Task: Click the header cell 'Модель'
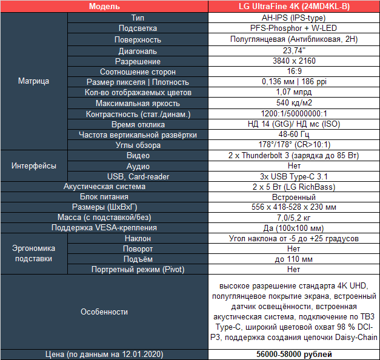104,7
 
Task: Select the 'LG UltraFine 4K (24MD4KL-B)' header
294,7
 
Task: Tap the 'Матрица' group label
33,81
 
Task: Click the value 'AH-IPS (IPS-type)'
294,18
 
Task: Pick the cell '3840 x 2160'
294,61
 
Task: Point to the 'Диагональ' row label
138,51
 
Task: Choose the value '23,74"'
294,51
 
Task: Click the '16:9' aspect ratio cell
294,72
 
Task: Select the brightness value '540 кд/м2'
294,103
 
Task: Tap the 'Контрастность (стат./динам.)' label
138,113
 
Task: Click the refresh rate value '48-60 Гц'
294,135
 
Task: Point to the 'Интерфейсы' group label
33,165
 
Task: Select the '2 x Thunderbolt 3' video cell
294,155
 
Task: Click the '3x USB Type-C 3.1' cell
294,176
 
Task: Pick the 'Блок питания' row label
104,197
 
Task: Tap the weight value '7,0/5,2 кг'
294,217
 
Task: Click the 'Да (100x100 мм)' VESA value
294,227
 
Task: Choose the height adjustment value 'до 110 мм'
294,259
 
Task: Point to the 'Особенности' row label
104,312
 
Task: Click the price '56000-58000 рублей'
294,354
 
